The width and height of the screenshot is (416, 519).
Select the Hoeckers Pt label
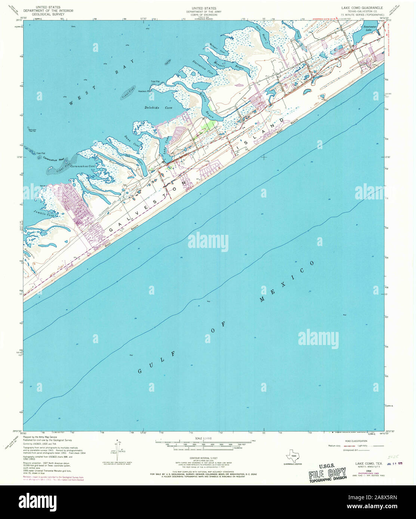tap(144, 91)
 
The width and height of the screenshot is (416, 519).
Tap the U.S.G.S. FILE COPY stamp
tap(327, 472)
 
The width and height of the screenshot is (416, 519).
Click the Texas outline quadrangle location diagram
tap(293, 456)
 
